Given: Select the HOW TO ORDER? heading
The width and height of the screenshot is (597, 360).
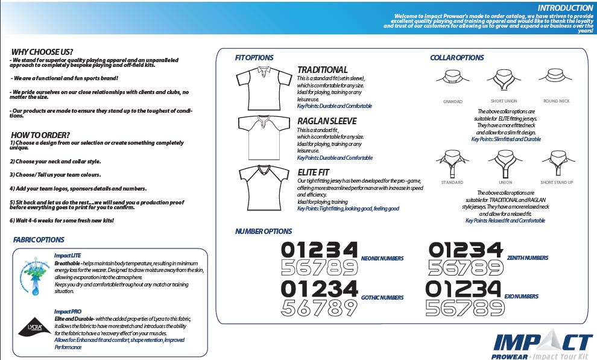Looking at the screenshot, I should [40, 134].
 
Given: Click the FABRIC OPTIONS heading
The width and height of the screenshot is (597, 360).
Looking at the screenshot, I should [39, 240].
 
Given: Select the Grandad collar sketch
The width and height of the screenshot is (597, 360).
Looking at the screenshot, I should [452, 79].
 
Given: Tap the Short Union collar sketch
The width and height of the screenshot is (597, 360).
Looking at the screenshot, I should [504, 79].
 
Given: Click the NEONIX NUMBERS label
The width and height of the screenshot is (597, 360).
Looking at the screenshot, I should [382, 259].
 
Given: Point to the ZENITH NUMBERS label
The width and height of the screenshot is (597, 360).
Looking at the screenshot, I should [528, 258].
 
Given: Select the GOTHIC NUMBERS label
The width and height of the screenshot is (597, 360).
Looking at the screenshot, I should [382, 298].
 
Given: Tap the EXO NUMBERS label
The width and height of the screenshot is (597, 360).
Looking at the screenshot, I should [522, 297].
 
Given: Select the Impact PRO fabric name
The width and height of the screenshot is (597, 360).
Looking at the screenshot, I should [67, 311].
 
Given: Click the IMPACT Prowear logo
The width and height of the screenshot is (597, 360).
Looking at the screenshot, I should [542, 345].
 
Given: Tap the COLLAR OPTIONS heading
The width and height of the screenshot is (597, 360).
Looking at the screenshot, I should [456, 58].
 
